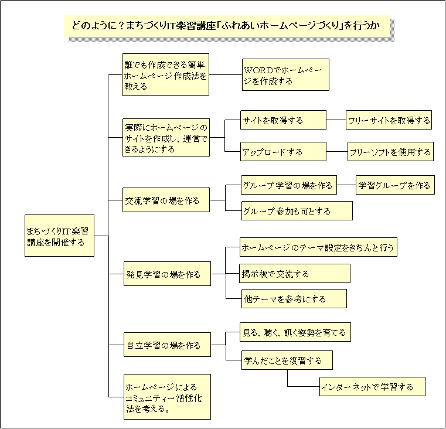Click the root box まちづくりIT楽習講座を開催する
[59, 236]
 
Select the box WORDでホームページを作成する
[285, 75]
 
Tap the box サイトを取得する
[283, 120]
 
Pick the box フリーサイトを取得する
[389, 120]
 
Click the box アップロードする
[283, 152]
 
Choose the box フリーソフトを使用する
[390, 152]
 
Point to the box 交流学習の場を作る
[166, 200]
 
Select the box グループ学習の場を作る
[289, 185]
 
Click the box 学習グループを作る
[396, 185]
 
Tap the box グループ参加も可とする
[297, 211]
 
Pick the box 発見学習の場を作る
[167, 274]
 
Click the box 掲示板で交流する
[295, 273]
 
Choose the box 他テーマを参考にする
[294, 299]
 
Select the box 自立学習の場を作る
[167, 345]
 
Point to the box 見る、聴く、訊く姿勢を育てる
[295, 332]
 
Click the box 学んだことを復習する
[287, 360]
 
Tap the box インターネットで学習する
[372, 387]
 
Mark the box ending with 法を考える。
[167, 397]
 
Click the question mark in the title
[120, 26]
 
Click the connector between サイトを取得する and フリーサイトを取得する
[336, 120]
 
